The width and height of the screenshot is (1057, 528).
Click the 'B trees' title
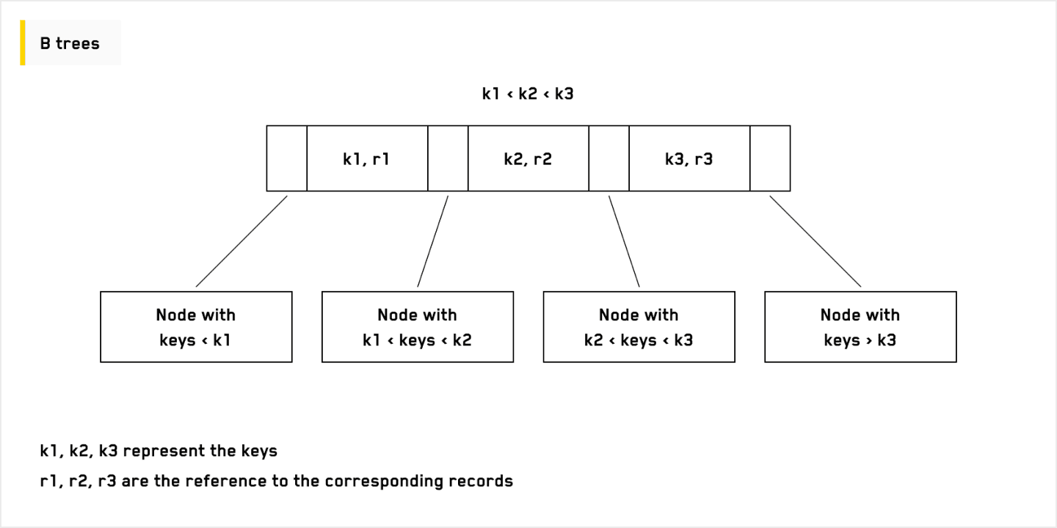tap(70, 43)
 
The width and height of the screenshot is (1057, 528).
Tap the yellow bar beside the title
tap(23, 43)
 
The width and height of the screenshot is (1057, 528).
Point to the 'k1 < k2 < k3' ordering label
tap(528, 94)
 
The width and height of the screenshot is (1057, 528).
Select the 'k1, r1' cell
tap(366, 158)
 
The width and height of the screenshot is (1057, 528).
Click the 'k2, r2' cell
tap(528, 158)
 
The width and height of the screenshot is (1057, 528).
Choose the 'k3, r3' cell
tap(689, 158)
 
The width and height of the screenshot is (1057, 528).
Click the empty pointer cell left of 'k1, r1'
tap(286, 158)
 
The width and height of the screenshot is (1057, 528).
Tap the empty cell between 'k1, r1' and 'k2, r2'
tap(448, 158)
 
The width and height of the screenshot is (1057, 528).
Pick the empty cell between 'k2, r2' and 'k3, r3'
tap(609, 158)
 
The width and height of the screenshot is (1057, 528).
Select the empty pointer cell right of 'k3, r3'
tap(770, 158)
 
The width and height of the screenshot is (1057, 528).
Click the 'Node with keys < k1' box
tap(196, 327)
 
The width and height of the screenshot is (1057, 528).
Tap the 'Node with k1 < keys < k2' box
tap(418, 327)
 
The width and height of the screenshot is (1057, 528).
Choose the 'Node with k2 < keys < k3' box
tap(639, 327)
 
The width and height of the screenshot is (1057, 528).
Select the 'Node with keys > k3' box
tap(860, 327)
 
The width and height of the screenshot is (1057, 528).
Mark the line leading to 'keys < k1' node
tap(241, 241)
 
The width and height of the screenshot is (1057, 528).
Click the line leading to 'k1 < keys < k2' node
tap(433, 241)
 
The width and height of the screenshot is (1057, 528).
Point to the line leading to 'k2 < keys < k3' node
tap(624, 241)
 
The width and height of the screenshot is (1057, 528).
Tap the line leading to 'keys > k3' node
tap(815, 241)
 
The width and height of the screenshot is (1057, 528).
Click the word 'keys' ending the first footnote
tap(259, 451)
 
